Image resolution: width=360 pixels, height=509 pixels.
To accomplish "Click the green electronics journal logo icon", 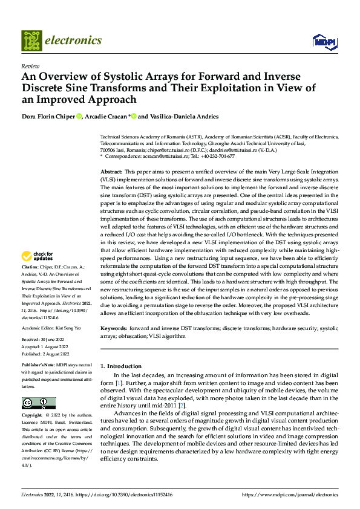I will point(31,41).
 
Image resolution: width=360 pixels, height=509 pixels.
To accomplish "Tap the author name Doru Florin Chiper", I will point(48,116).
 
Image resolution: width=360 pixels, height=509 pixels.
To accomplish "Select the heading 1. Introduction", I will point(120,366).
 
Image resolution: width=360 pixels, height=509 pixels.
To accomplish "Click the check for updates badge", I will point(38,273).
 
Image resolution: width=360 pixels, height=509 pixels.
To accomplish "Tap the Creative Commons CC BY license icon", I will point(39,403).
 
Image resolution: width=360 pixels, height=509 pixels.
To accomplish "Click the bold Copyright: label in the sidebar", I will point(32,416).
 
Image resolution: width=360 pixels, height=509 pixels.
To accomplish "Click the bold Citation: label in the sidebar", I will point(31,283).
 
